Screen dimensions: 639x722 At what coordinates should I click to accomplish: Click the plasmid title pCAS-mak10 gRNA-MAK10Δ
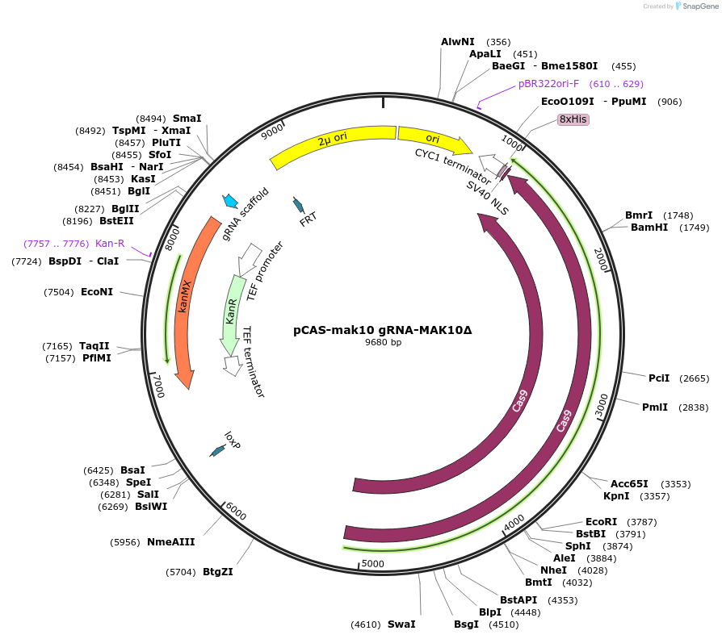382,330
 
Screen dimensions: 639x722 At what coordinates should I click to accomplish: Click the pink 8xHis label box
573,119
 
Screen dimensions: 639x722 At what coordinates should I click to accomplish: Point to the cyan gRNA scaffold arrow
230,201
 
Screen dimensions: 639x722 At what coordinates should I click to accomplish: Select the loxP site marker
217,452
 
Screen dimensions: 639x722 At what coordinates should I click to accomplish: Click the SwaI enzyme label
401,624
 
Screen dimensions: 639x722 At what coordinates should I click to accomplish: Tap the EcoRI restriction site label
601,522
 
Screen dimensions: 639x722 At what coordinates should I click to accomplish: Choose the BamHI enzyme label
649,228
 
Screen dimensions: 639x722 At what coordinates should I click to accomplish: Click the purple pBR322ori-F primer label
548,84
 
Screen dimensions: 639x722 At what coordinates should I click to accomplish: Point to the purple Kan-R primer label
110,243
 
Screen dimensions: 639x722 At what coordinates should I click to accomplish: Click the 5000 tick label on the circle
372,563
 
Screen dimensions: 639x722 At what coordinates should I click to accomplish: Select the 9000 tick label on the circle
273,128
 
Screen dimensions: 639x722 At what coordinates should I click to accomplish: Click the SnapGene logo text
699,6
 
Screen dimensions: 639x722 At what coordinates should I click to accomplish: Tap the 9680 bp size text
383,343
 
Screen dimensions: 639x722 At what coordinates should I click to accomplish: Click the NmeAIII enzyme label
170,542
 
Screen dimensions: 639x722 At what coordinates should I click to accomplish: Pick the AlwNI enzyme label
458,41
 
